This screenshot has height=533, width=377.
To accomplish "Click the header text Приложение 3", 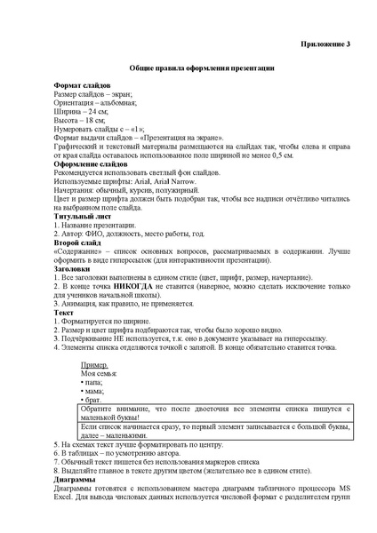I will [x=329, y=43].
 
